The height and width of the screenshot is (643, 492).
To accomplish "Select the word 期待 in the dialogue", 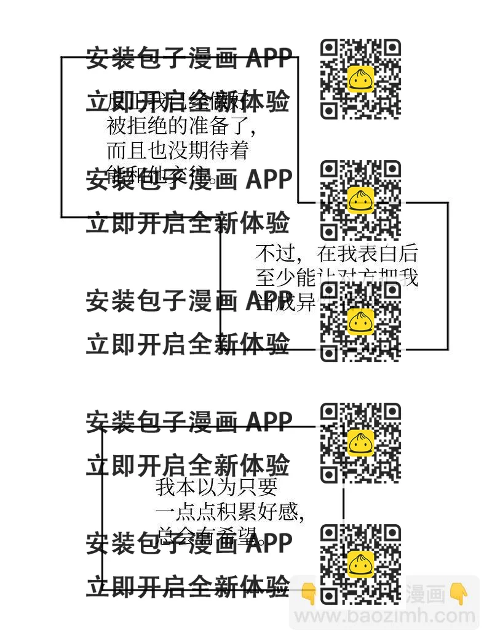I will coord(199,150).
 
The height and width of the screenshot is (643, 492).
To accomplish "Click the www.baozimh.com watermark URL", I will coord(385,616).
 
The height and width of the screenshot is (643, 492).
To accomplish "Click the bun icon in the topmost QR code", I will coord(361,78).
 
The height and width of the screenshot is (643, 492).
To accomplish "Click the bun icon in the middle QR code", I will coord(361,320).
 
